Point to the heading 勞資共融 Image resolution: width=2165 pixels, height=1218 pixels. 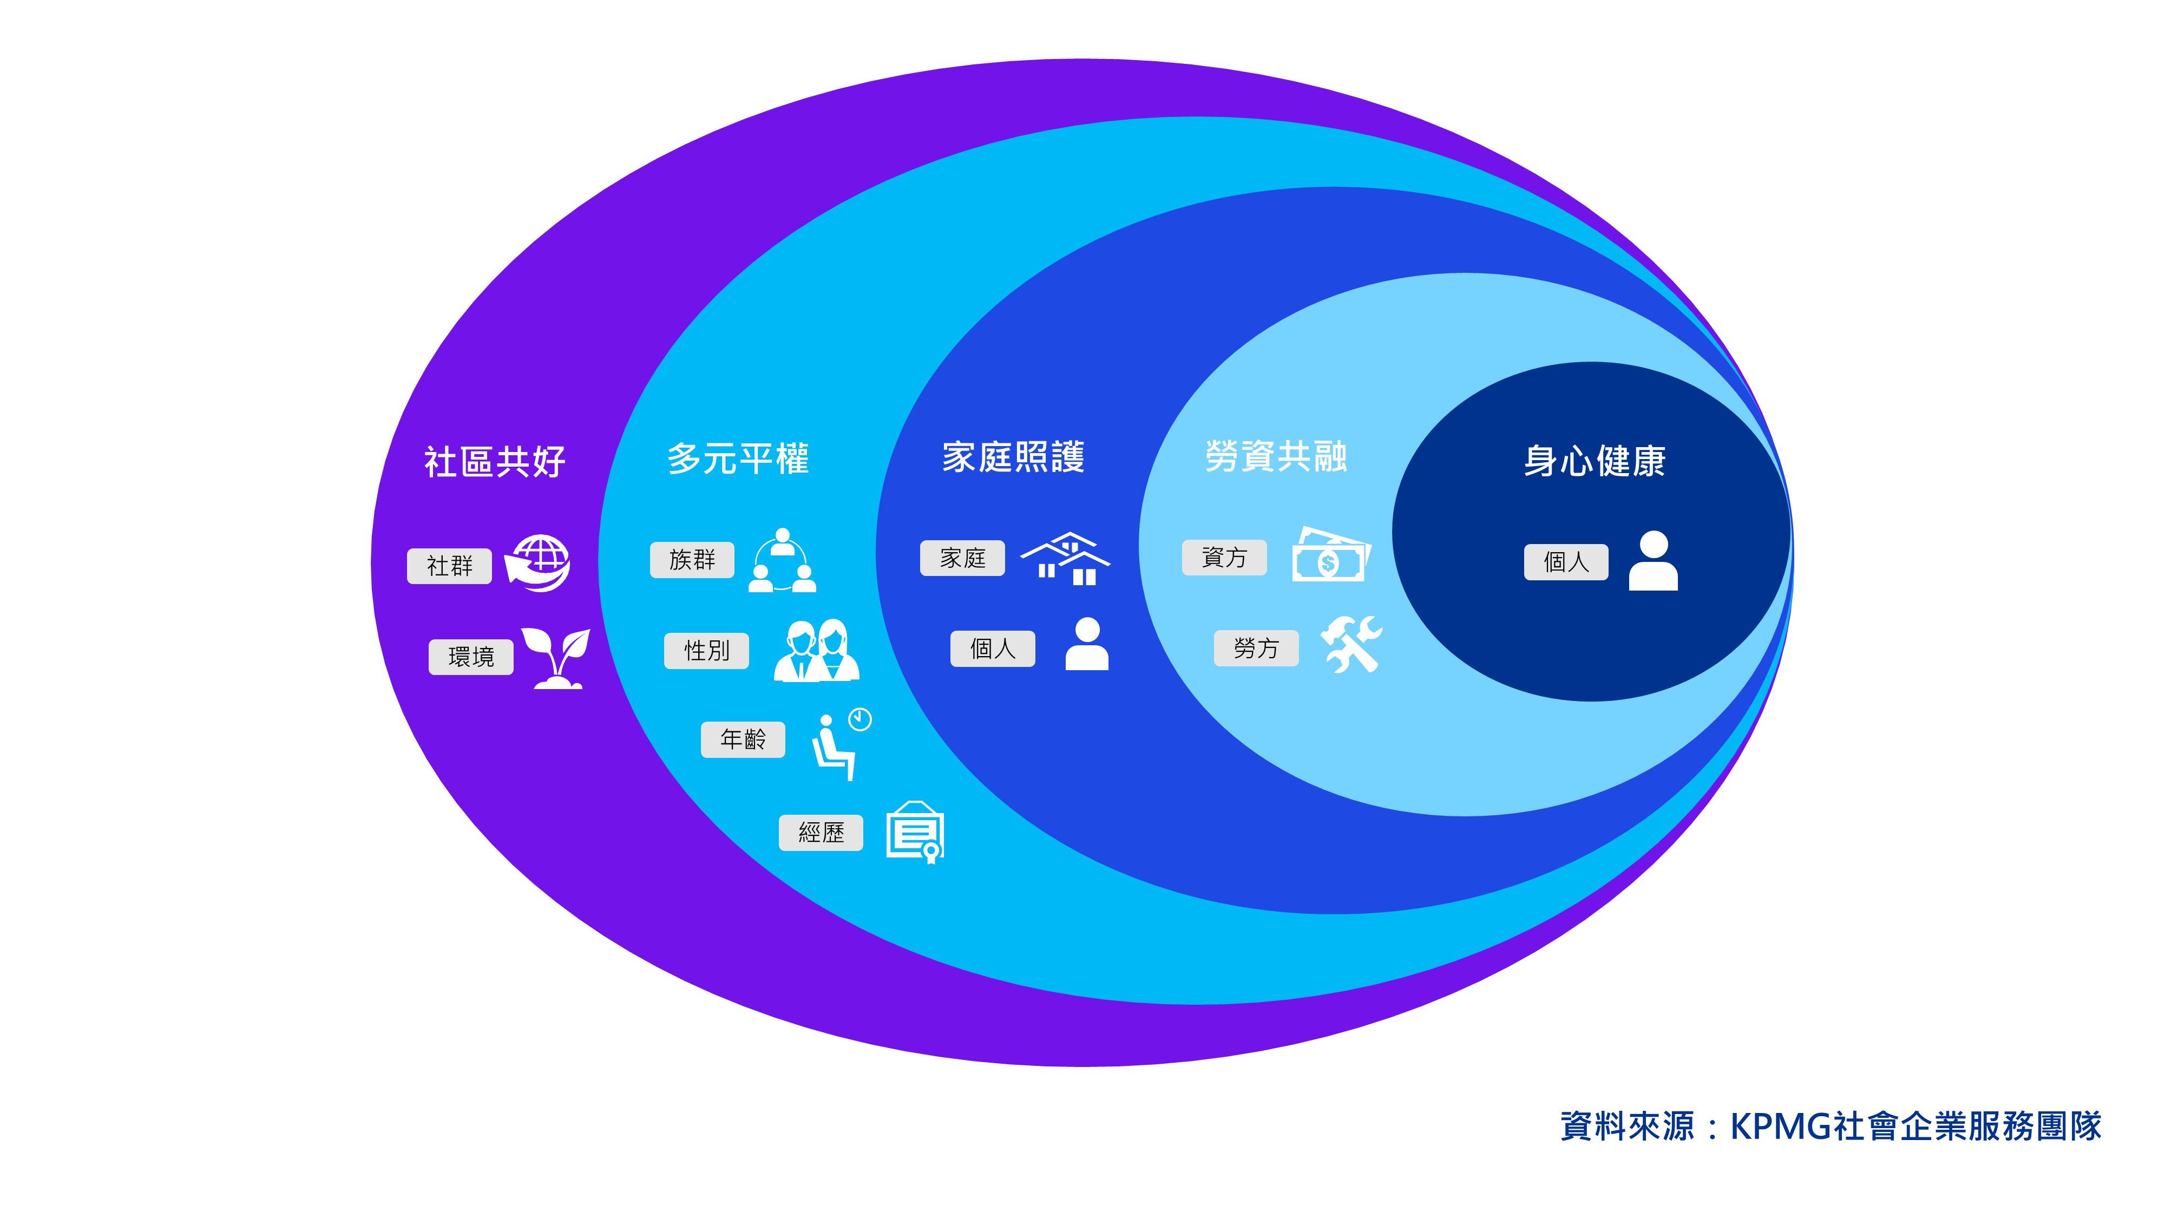pos(1276,456)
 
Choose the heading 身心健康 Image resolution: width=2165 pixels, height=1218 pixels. pos(1595,461)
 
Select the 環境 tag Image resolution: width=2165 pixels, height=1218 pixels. pos(471,657)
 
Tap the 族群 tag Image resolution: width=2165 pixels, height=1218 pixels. pos(692,560)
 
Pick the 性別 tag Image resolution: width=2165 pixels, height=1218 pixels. pos(706,651)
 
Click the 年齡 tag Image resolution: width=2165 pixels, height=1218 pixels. pos(743,739)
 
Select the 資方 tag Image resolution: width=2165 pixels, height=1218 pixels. pos(1224,558)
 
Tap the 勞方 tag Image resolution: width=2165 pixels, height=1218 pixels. pos(1256,648)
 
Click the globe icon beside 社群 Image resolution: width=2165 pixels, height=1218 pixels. pos(538,562)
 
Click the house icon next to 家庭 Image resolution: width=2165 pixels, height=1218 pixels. pos(1066,558)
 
